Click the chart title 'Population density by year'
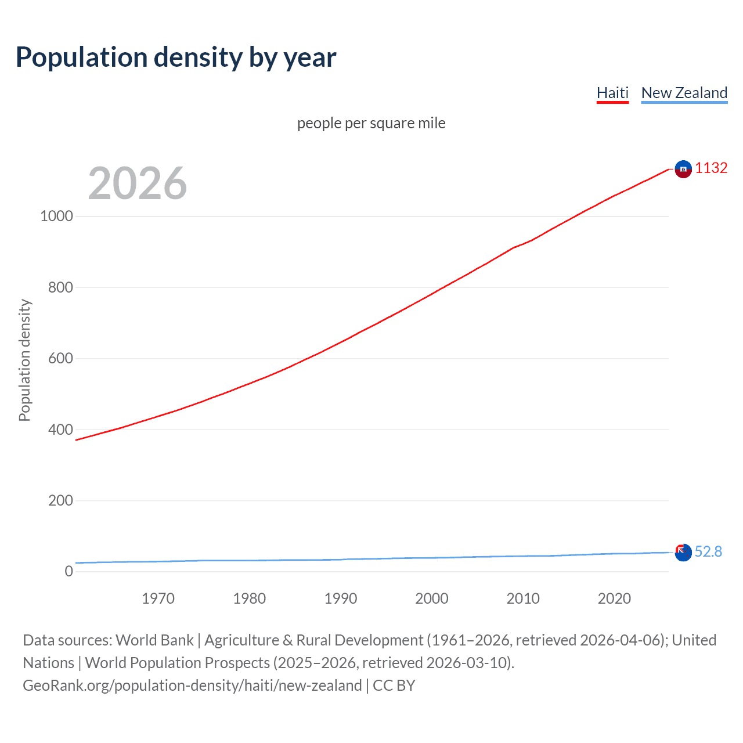pos(176,57)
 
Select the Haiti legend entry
pos(612,93)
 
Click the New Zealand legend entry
pos(684,93)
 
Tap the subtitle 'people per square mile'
pos(371,123)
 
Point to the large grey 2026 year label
pos(138,183)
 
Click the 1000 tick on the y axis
pos(56,216)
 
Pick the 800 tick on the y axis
pos(60,287)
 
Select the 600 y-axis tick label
pos(60,358)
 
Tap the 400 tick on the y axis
pos(60,430)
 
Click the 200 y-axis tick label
pos(60,500)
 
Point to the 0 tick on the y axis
pos(68,571)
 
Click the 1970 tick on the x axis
pos(158,598)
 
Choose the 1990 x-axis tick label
pos(341,598)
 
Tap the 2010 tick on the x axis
pos(523,598)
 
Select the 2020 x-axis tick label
pos(614,598)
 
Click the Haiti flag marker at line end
pos(683,169)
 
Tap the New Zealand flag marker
pos(683,553)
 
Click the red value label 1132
pos(711,168)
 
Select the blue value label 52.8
pos(708,551)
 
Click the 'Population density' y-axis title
pos(24,360)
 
